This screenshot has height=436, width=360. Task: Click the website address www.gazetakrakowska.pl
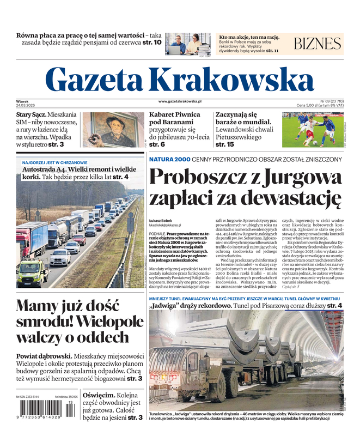(x=180, y=101)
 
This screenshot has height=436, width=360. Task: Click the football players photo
(x=313, y=130)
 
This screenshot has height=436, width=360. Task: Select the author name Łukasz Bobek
(x=161, y=220)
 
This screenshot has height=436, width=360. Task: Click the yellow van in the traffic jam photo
(x=32, y=272)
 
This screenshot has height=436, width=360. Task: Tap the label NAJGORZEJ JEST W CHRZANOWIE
(x=54, y=162)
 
